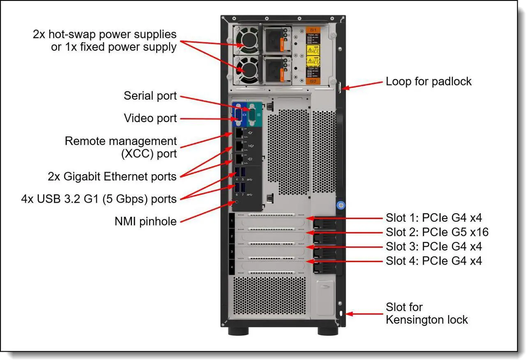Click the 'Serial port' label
pos(150,96)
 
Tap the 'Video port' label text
pos(150,118)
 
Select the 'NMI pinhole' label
pos(145,222)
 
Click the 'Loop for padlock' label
pos(428,81)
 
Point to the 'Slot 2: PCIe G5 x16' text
pos(437,232)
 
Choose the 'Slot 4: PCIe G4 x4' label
pos(434,261)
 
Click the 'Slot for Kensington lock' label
pos(427,313)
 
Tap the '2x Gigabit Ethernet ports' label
pos(112,177)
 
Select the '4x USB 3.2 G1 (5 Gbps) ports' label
pos(99,199)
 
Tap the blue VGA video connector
pos(238,116)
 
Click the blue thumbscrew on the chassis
pos(339,205)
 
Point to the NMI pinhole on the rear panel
pos(235,202)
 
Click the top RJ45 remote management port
pos(239,132)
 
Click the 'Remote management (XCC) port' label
pos(120,147)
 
